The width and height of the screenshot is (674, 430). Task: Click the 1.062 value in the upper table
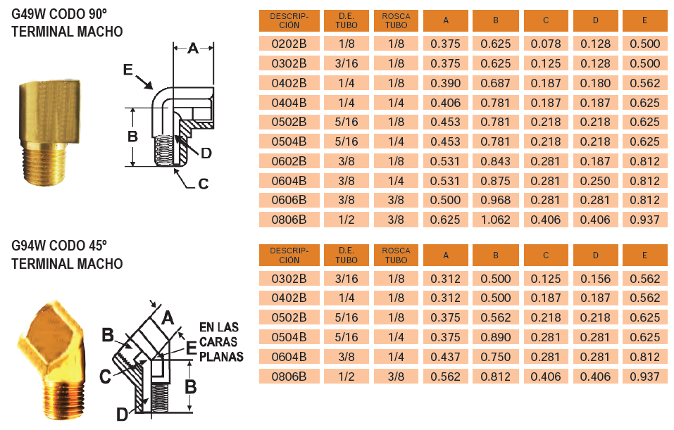(495, 219)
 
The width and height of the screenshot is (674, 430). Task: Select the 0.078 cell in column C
(545, 44)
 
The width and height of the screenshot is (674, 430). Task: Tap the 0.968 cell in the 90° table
(495, 200)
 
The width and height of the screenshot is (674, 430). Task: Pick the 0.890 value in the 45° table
(495, 337)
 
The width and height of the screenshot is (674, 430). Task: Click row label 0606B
(289, 200)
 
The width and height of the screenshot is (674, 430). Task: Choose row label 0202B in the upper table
(289, 44)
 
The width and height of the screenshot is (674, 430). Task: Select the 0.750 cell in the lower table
(495, 357)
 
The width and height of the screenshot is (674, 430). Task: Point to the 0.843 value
(495, 161)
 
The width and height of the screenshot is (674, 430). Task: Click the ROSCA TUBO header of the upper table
(396, 20)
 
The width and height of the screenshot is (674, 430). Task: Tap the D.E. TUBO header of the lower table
(347, 255)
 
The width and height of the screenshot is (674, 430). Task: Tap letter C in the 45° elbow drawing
(104, 376)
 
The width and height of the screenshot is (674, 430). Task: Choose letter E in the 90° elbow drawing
(127, 69)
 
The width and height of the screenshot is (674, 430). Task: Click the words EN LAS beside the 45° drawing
(219, 327)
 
